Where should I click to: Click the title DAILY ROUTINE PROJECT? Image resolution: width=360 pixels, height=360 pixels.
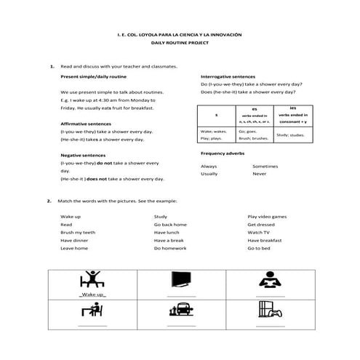[179, 42]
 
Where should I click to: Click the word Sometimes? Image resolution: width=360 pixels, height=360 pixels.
[265, 167]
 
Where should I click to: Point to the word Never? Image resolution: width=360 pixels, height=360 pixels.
[259, 175]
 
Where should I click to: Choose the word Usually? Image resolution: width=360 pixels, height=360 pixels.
[209, 175]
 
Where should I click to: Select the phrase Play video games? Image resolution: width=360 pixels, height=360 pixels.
[267, 217]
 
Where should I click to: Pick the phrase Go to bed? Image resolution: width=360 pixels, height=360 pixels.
[259, 248]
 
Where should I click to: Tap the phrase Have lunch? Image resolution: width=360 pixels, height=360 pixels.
[167, 233]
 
